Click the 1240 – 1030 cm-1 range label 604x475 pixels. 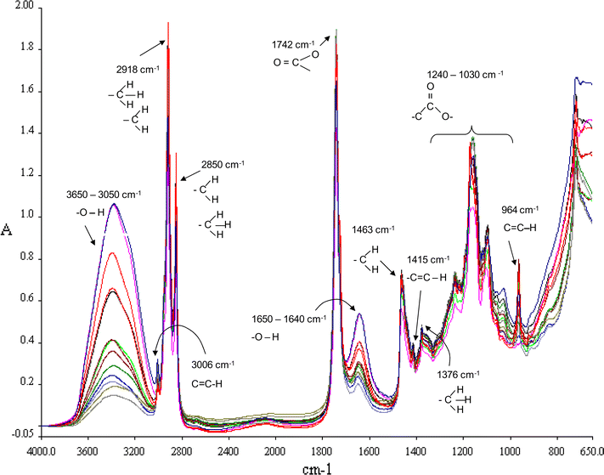[x=465, y=74]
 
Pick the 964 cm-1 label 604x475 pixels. [x=519, y=210]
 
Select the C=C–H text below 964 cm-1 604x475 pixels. [x=521, y=225]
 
